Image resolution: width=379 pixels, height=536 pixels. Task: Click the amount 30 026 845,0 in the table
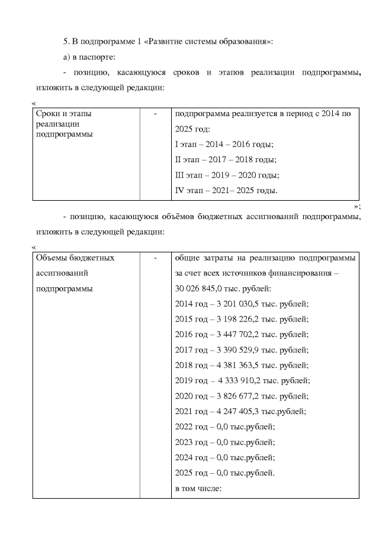tap(202, 288)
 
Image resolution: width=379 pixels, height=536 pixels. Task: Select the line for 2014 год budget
tap(242, 304)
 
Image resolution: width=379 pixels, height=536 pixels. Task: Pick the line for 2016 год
tap(242, 335)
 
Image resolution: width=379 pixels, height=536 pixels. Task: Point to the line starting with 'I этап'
tap(224, 144)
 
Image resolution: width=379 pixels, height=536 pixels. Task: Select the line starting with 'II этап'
tap(226, 159)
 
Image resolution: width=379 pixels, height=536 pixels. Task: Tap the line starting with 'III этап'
tap(227, 175)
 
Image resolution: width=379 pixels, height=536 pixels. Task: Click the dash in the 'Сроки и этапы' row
tap(155, 113)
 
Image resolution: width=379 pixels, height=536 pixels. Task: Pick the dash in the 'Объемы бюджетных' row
tap(155, 258)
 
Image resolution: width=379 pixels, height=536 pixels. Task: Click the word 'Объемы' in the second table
tap(52, 258)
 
